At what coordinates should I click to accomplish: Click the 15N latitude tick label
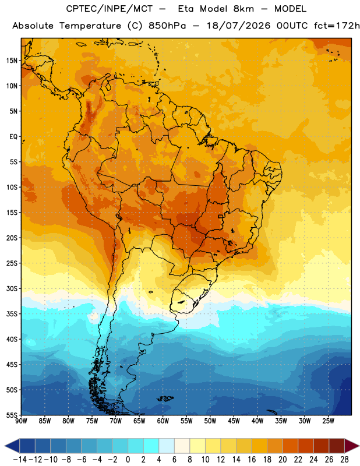pyautogui.click(x=12, y=61)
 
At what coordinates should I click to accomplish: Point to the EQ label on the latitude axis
pyautogui.click(x=13, y=137)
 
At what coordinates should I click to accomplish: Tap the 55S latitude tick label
pyautogui.click(x=12, y=415)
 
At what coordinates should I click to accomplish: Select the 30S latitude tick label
pyautogui.click(x=12, y=288)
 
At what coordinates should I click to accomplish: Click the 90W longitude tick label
pyautogui.click(x=22, y=421)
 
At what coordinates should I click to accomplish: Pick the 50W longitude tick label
pyautogui.click(x=210, y=421)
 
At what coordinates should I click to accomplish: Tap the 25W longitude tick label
pyautogui.click(x=328, y=421)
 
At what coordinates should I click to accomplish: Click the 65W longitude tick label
pyautogui.click(x=139, y=421)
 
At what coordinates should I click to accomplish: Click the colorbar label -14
pyautogui.click(x=20, y=460)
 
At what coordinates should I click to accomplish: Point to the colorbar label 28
pyautogui.click(x=344, y=460)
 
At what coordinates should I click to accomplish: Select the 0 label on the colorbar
pyautogui.click(x=128, y=460)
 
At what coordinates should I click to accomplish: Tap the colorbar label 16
pyautogui.click(x=252, y=460)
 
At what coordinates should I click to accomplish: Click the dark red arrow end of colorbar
pyautogui.click(x=351, y=446)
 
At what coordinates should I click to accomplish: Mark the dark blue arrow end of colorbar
pyautogui.click(x=12, y=446)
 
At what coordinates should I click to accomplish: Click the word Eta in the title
pyautogui.click(x=186, y=9)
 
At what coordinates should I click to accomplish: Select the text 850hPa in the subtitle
pyautogui.click(x=167, y=26)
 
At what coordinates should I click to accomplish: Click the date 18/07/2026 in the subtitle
pyautogui.click(x=238, y=26)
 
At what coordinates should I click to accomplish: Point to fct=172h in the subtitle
pyautogui.click(x=337, y=26)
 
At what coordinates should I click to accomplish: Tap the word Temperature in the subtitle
pyautogui.click(x=90, y=26)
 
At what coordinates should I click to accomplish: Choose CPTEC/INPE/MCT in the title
pyautogui.click(x=110, y=9)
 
